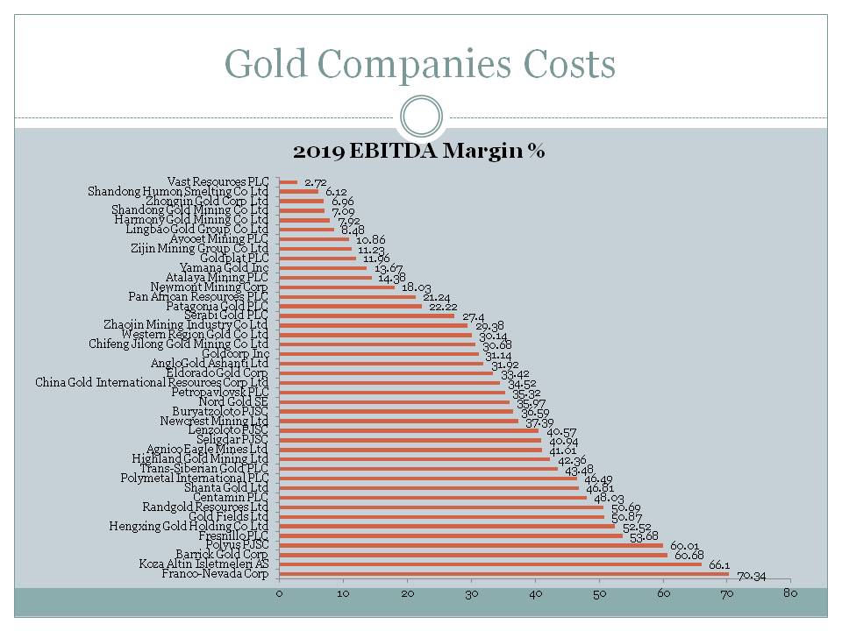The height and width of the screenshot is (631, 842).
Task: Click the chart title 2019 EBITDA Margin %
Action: point(419,152)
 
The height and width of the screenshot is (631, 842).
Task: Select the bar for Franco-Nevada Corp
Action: point(503,574)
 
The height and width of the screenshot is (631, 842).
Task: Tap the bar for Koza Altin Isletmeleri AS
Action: point(490,564)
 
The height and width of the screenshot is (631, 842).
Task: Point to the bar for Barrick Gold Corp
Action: point(473,555)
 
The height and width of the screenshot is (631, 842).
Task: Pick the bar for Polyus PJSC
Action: point(471,545)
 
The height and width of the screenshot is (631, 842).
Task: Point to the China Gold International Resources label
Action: point(151,382)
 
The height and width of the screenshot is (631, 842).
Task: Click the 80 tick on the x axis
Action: point(790,595)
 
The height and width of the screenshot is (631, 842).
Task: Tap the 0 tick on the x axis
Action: point(279,595)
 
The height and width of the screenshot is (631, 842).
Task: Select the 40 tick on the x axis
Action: point(535,595)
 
